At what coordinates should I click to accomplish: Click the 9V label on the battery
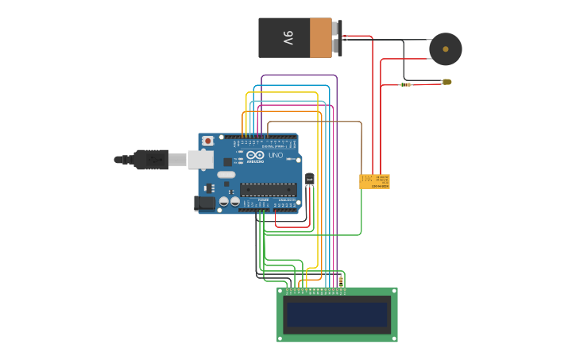tap(287, 37)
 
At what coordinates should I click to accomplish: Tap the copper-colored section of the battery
tap(320, 37)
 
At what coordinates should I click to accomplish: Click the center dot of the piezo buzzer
tap(446, 49)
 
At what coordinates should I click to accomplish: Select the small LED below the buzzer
tap(446, 82)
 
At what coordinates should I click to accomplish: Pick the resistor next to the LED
tap(405, 84)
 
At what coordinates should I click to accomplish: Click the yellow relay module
tap(374, 181)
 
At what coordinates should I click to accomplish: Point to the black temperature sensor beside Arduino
tap(309, 180)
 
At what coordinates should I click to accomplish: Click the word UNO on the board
tap(276, 156)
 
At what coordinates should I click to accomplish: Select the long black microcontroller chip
tap(268, 189)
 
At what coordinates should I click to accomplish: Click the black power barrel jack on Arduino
tap(205, 203)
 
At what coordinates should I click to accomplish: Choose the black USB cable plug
tap(150, 160)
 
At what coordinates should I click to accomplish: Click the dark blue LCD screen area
tap(337, 315)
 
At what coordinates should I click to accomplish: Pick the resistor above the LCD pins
tap(341, 281)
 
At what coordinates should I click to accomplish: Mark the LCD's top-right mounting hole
tap(392, 292)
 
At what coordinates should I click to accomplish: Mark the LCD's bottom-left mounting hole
tap(281, 338)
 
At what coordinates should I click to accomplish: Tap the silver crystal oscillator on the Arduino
tap(226, 174)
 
